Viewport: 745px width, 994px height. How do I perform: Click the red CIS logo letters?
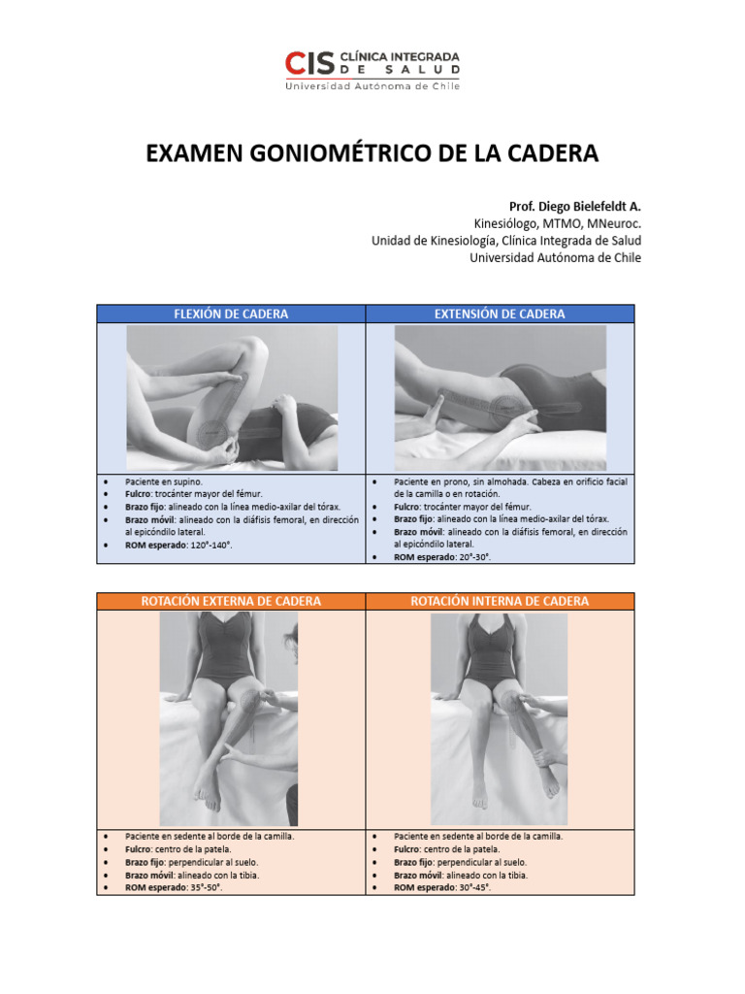(309, 63)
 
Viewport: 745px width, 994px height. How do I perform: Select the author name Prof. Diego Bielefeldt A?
(574, 207)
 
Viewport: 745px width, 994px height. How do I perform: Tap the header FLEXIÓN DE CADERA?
(230, 314)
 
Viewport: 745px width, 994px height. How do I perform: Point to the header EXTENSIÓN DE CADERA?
(500, 314)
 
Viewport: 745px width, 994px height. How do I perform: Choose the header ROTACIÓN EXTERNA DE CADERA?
(231, 602)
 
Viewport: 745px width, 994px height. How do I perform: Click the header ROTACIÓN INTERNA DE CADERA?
(500, 602)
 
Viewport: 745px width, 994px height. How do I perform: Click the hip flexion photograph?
(232, 398)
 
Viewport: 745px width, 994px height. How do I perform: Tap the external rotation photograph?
(229, 718)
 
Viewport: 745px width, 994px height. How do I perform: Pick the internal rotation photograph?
(499, 718)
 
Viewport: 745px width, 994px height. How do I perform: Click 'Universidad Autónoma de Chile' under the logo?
(372, 85)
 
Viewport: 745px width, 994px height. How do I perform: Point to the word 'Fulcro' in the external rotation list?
(137, 848)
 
